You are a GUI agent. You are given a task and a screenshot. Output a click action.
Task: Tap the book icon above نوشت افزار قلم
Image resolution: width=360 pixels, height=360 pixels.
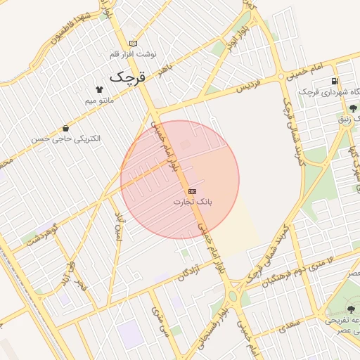(x=134, y=44)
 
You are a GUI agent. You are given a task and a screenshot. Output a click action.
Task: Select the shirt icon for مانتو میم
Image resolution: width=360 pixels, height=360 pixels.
(x=99, y=89)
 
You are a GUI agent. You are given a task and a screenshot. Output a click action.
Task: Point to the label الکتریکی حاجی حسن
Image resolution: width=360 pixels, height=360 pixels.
(x=65, y=139)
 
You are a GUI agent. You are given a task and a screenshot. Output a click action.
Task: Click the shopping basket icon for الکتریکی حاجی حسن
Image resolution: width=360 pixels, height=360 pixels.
(x=65, y=129)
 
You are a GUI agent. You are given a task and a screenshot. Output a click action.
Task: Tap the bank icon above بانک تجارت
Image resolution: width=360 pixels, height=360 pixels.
(x=192, y=191)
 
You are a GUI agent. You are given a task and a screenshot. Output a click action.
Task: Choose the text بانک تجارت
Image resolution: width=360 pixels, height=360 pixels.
(x=192, y=202)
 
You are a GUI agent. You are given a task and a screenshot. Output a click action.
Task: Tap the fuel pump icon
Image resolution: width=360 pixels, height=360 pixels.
(x=334, y=82)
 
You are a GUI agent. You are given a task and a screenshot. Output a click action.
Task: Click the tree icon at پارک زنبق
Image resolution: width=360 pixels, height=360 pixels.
(x=352, y=108)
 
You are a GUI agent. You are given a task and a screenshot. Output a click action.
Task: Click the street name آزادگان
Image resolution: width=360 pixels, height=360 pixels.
(x=189, y=270)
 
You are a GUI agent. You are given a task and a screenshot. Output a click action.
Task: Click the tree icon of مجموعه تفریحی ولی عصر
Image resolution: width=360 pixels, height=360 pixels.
(x=351, y=309)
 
